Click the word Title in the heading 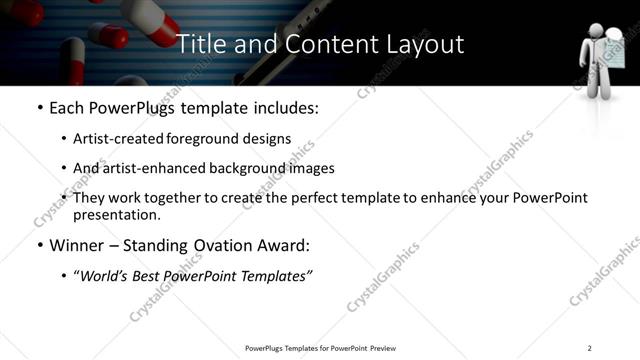tap(200, 44)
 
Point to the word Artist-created tap(120, 139)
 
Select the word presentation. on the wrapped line tap(116, 214)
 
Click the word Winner tap(79, 245)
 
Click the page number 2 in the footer tap(590, 348)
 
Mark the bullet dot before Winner tap(38, 245)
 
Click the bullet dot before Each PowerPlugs tap(38, 106)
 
